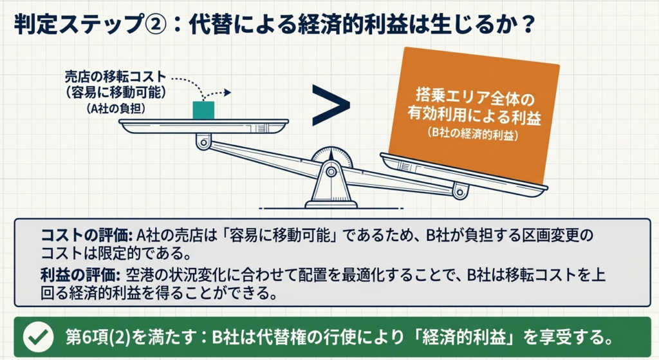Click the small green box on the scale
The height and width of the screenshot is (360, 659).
[x=203, y=110]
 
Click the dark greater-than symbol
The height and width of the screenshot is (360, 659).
[x=331, y=105]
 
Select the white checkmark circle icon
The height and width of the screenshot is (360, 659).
[x=38, y=337]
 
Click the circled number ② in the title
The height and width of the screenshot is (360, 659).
[x=156, y=25]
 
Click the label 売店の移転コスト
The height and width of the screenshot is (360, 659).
[x=116, y=77]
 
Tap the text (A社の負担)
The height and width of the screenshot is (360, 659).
[x=116, y=108]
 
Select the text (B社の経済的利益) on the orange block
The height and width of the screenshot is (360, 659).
[x=473, y=134]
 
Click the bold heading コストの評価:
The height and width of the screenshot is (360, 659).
[x=87, y=236]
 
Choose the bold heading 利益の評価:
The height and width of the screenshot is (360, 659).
[x=80, y=275]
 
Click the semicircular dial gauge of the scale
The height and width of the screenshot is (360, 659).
[x=331, y=156]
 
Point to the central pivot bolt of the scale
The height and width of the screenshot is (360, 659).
[x=331, y=171]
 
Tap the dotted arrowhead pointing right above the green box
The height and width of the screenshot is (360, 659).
[x=227, y=93]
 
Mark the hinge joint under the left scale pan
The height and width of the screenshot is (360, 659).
[x=204, y=142]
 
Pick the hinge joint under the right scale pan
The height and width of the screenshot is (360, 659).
[x=460, y=192]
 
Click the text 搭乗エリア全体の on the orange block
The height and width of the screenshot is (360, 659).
[x=475, y=98]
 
